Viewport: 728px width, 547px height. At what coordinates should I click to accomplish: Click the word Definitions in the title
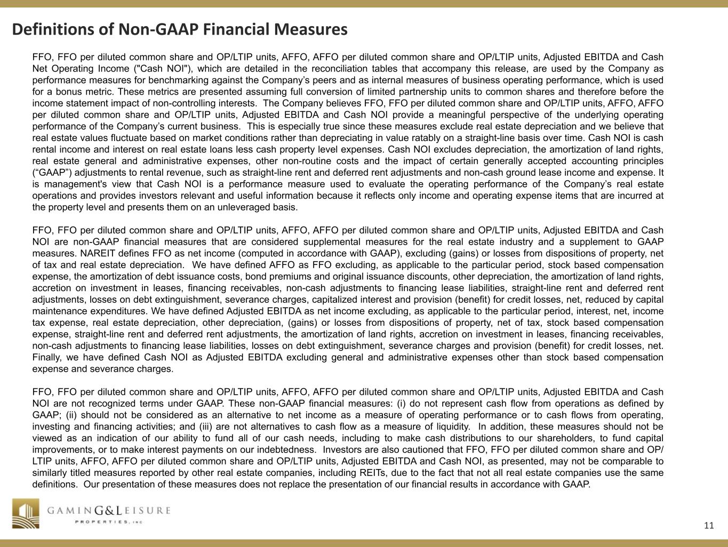[52, 29]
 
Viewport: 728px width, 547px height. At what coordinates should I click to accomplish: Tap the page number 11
[708, 525]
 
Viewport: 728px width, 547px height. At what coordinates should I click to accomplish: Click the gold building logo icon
[26, 513]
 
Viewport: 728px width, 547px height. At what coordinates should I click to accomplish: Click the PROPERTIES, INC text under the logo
[109, 522]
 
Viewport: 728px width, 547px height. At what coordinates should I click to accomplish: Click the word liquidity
[447, 426]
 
